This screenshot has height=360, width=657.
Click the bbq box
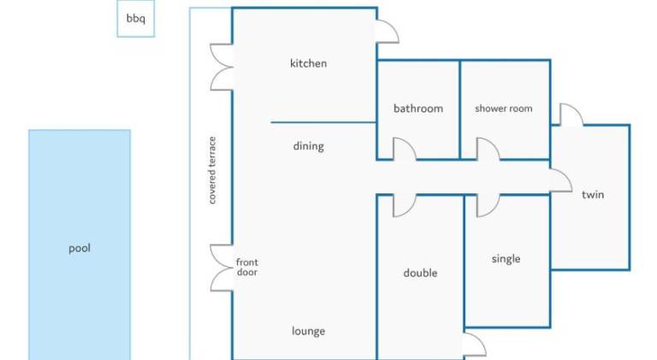click(136, 19)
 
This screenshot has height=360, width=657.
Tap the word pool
click(80, 248)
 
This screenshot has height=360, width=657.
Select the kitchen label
click(308, 63)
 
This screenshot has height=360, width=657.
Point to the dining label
click(308, 146)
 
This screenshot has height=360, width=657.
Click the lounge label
click(308, 331)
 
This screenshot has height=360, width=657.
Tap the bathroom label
click(418, 109)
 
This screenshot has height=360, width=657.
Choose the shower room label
click(504, 109)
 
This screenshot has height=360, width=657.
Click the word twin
click(593, 194)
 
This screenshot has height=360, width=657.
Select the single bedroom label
click(506, 259)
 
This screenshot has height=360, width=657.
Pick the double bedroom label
click(420, 273)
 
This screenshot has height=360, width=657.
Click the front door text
click(247, 267)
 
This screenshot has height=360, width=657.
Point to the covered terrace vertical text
click(212, 170)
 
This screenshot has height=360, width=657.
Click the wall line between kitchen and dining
click(323, 122)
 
